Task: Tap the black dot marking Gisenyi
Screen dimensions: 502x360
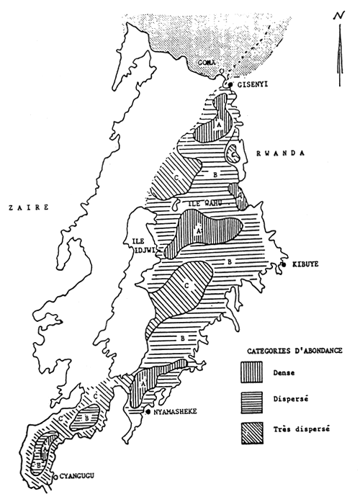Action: tap(230, 84)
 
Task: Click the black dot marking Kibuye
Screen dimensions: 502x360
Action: tap(284, 265)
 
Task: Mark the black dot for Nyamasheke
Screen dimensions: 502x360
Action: tap(148, 413)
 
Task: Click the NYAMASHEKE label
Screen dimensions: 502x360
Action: tap(179, 413)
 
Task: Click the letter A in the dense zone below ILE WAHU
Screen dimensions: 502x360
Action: tap(198, 230)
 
